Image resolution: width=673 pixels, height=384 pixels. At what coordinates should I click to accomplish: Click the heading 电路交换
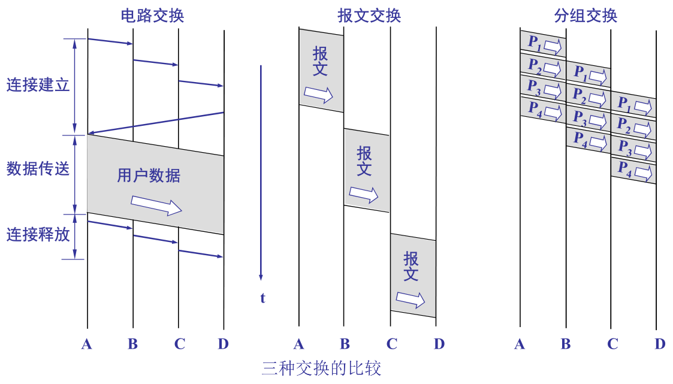tap(152, 16)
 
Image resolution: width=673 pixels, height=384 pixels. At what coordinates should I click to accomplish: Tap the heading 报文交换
tap(369, 16)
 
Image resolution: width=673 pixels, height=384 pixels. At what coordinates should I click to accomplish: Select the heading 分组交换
tap(586, 16)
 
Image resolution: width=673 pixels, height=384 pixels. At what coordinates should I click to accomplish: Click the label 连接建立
tap(38, 85)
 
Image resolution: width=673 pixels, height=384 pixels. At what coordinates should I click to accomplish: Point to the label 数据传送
tap(38, 169)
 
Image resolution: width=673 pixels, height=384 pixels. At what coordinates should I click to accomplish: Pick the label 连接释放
tap(38, 235)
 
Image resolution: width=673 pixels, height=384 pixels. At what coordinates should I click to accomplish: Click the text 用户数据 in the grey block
tap(148, 176)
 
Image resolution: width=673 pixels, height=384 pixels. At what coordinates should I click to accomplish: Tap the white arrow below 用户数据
tap(156, 205)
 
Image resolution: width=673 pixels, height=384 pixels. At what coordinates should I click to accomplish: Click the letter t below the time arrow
tap(262, 298)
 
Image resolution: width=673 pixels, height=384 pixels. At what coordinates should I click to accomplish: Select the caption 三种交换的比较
tap(321, 368)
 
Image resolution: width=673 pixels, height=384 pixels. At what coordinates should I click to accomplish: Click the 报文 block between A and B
tap(321, 71)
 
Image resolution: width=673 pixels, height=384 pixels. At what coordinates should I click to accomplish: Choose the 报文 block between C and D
tap(412, 276)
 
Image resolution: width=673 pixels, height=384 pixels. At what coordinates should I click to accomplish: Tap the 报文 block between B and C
tap(366, 171)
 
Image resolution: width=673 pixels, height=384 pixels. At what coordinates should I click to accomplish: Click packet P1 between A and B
tap(543, 44)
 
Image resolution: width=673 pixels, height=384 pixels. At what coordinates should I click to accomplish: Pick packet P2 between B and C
tap(589, 95)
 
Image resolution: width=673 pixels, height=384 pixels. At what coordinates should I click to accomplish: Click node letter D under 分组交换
tap(660, 344)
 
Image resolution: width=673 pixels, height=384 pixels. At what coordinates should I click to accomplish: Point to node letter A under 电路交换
tap(87, 344)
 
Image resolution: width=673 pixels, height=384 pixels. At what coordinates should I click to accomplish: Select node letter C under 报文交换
tap(391, 344)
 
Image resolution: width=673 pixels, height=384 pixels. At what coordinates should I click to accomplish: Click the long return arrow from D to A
tap(156, 123)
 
